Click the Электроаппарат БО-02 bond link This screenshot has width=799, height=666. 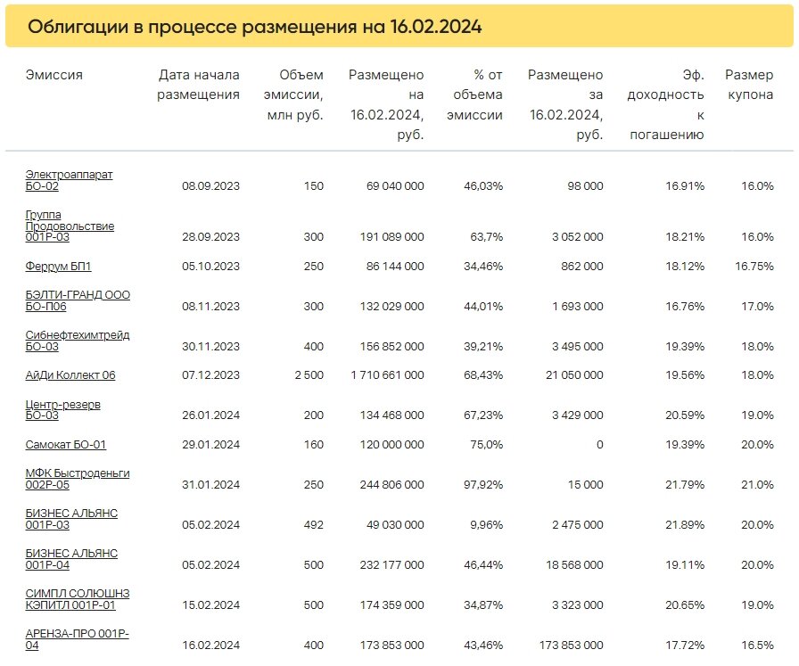(69, 180)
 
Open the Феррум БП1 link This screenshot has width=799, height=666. (58, 266)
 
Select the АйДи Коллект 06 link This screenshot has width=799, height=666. (70, 375)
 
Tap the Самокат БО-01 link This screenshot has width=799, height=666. (66, 444)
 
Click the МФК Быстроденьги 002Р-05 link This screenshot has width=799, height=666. (78, 479)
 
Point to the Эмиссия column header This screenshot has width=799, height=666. (54, 75)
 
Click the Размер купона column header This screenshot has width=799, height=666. (749, 85)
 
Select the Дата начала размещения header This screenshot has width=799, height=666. (198, 85)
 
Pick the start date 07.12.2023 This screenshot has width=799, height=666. (210, 375)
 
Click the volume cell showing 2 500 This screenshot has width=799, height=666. (309, 375)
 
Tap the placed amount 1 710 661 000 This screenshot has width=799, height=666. (388, 375)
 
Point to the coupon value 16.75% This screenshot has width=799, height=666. (754, 266)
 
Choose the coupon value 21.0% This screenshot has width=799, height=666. (758, 485)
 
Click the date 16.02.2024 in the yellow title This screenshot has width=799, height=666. (436, 26)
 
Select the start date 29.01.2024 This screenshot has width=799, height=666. (210, 444)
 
